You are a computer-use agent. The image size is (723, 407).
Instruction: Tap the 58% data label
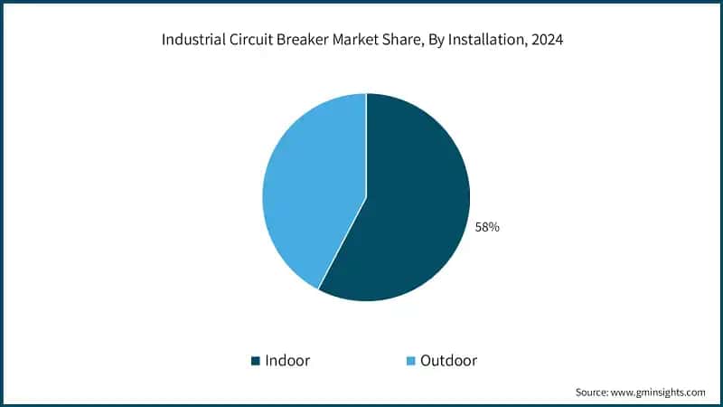pos(487,227)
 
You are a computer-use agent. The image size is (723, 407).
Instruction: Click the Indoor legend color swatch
pos(256,361)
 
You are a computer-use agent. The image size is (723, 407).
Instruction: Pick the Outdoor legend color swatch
pos(411,361)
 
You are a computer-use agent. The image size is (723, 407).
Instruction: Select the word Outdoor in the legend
pos(449,360)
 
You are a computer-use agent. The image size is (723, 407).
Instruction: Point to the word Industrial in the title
pos(192,41)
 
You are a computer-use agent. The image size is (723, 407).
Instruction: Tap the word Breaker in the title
pos(305,41)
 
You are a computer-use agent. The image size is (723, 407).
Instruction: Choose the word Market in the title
pos(360,41)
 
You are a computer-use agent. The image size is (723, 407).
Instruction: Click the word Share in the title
pos(407,41)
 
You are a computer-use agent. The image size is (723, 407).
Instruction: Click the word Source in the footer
pos(594,392)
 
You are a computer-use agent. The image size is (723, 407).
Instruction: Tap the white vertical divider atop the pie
pos(366,145)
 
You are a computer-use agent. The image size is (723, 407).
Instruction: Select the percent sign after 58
pos(493,227)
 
